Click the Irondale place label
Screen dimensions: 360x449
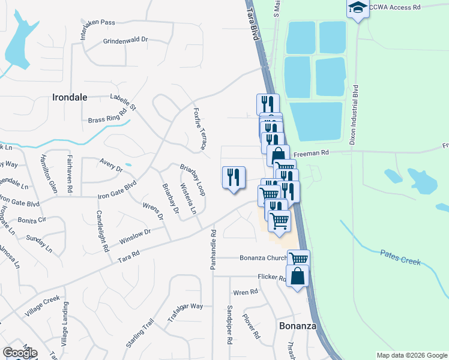(x=70, y=97)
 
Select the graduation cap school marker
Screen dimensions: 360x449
(x=358, y=8)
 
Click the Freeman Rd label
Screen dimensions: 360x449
(x=316, y=153)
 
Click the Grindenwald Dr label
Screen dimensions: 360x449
(x=125, y=40)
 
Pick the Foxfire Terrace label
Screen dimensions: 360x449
(x=200, y=128)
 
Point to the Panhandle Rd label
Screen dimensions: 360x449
(x=213, y=248)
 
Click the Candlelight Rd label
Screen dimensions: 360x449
(x=102, y=231)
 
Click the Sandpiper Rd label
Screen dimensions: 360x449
(x=230, y=324)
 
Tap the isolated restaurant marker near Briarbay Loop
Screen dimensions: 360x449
(x=234, y=178)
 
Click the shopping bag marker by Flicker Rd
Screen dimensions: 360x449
(x=298, y=277)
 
